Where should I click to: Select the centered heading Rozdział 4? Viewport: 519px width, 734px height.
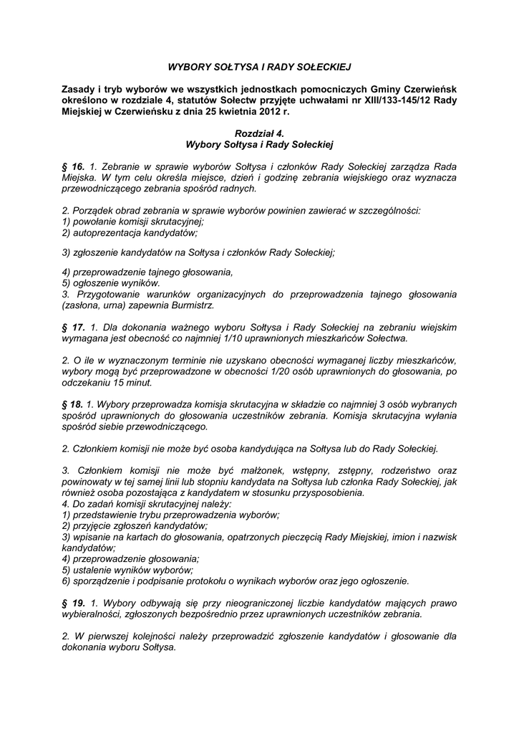coord(259,133)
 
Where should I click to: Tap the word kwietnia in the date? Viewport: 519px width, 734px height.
coord(225,112)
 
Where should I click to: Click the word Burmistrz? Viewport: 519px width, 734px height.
coord(192,305)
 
